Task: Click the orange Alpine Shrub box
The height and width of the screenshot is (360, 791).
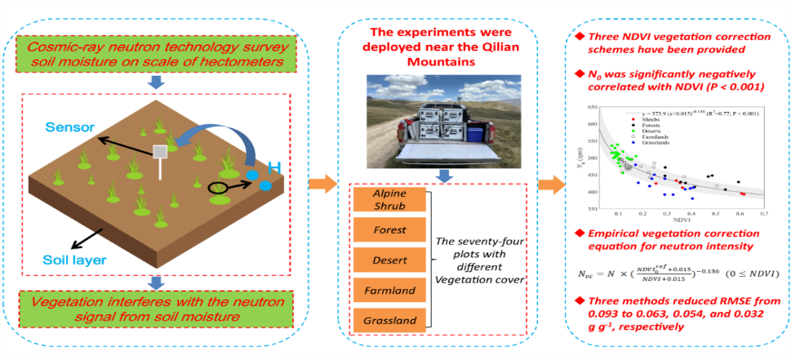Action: [390, 201]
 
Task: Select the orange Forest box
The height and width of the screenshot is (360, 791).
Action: [390, 231]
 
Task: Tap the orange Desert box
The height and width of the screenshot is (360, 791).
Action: [390, 260]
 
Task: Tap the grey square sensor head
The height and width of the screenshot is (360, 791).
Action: [162, 151]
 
